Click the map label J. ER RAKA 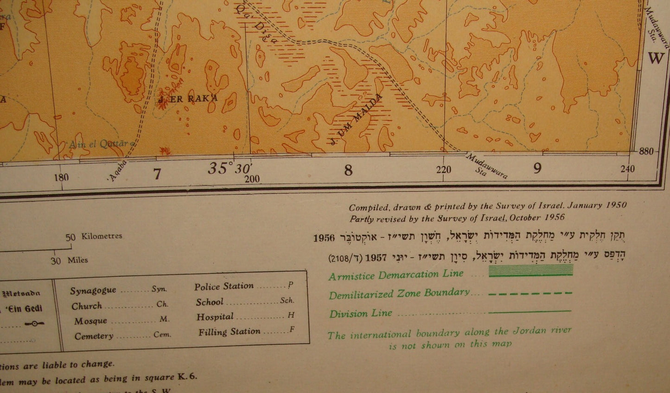(x=188, y=99)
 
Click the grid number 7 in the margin (x=158, y=174)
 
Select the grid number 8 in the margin (x=348, y=171)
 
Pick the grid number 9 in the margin (x=537, y=168)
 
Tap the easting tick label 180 (x=61, y=177)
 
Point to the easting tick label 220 (x=444, y=170)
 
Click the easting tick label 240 (x=627, y=169)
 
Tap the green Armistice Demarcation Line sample (x=531, y=272)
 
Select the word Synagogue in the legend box (x=93, y=291)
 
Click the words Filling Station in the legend (x=230, y=332)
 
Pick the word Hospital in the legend (x=215, y=317)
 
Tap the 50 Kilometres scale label (x=94, y=236)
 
